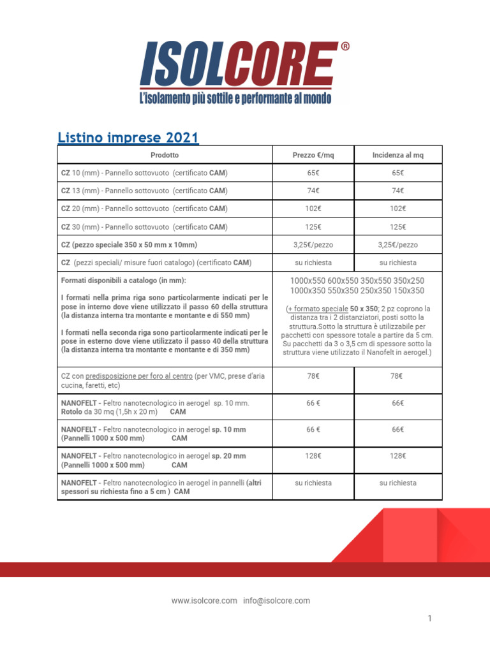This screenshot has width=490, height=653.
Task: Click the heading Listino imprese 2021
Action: click(128, 137)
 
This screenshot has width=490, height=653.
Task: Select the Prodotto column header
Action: click(165, 155)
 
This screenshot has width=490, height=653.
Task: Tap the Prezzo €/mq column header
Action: click(313, 155)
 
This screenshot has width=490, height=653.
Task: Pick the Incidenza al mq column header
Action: click(397, 155)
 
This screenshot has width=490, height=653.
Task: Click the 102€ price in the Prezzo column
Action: click(313, 209)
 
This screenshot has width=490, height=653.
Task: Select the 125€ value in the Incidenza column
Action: click(397, 226)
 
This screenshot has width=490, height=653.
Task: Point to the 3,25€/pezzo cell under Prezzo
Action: click(313, 244)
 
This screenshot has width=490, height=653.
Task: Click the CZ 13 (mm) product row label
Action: click(144, 191)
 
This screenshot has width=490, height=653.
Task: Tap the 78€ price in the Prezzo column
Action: click(313, 376)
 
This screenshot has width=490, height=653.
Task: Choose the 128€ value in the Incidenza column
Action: click(397, 456)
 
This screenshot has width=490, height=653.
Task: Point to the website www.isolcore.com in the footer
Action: click(204, 601)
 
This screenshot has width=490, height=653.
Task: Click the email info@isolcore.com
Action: click(276, 601)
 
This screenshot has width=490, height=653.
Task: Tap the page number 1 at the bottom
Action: click(430, 618)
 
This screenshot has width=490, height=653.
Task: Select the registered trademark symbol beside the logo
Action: click(345, 47)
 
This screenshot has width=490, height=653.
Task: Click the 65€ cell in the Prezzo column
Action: click(313, 173)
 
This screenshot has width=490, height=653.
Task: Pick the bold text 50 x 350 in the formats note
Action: click(363, 309)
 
